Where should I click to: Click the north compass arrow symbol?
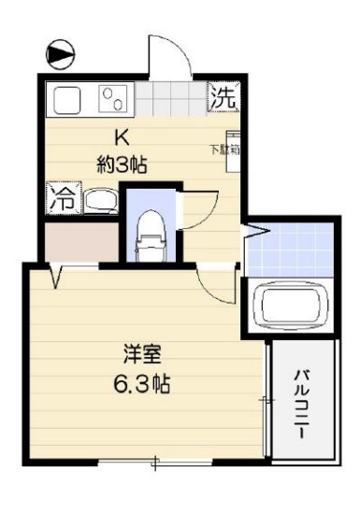(61, 54)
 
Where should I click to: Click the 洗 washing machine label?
(223, 96)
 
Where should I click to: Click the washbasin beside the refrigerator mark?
(98, 200)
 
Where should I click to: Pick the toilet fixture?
(150, 236)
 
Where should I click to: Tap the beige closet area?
(79, 242)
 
